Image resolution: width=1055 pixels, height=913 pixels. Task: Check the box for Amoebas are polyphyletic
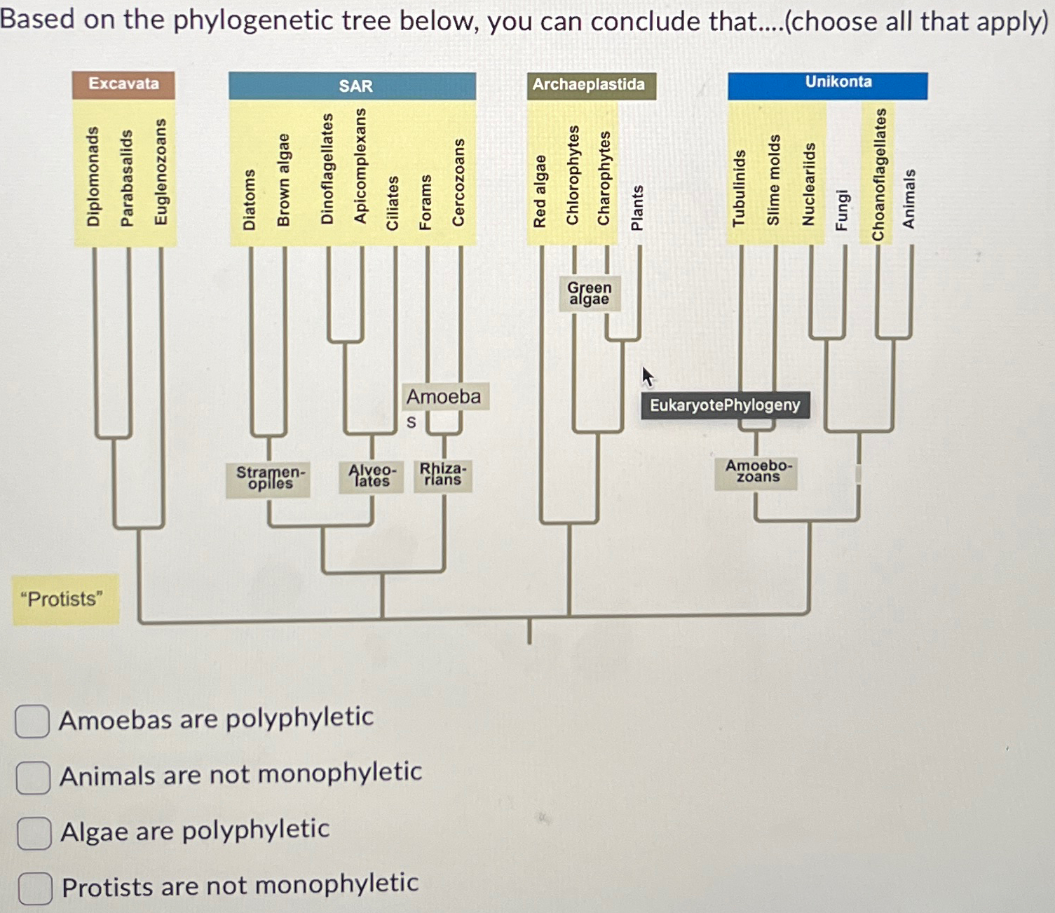tap(32, 722)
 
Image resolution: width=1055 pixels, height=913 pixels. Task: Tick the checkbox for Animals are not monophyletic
tap(33, 778)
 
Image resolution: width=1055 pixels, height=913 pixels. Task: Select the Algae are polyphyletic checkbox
tap(34, 833)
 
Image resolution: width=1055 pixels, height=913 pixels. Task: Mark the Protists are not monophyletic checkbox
tap(35, 888)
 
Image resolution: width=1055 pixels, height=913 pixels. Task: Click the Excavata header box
tap(123, 84)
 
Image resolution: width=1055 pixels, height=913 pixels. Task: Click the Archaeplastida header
tap(590, 86)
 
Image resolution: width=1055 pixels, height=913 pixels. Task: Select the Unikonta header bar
tap(827, 84)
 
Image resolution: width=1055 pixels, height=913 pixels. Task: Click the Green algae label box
tap(590, 293)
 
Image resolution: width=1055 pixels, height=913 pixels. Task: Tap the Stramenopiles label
tap(268, 478)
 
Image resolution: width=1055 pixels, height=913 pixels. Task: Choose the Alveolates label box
tap(372, 475)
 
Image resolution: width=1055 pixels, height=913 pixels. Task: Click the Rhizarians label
tap(442, 474)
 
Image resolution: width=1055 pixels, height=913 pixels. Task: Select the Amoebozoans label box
tap(757, 471)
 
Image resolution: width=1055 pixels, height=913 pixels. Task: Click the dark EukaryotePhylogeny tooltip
tap(725, 405)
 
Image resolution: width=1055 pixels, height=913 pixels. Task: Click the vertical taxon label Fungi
tap(841, 209)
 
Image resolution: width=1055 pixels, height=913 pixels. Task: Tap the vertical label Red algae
tap(539, 191)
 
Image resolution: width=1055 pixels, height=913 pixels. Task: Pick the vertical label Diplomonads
tap(93, 176)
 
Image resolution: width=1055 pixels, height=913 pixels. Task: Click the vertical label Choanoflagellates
tap(878, 174)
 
